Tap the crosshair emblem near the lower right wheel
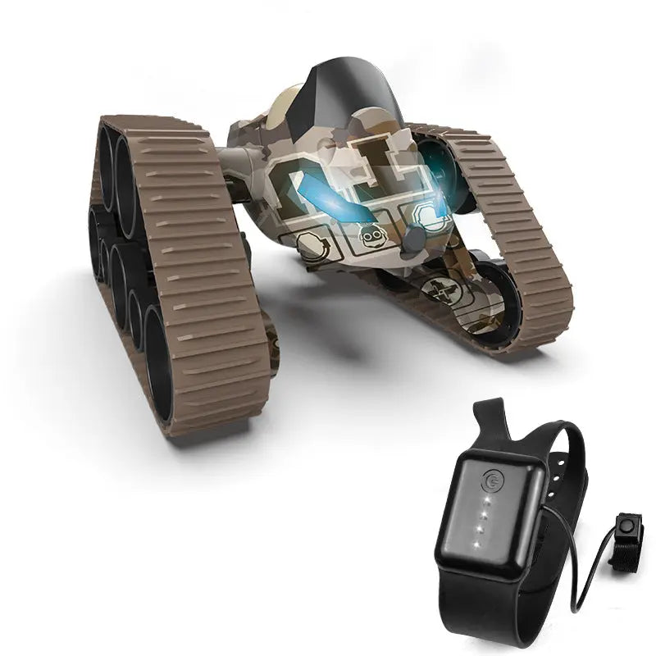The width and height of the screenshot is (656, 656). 440,290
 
